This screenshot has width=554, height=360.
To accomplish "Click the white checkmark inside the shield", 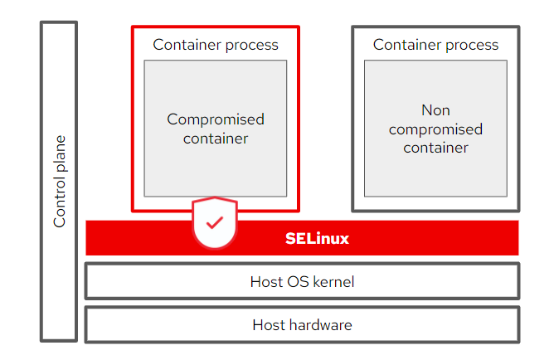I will point(215,222).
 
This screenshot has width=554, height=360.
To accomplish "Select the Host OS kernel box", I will point(302,282).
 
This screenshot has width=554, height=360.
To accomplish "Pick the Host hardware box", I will point(302,324).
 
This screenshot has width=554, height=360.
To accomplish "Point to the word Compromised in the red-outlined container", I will point(216,119).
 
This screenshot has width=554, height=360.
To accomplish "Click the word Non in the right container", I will point(435,110).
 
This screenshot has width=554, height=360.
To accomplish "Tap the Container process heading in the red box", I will point(216,45).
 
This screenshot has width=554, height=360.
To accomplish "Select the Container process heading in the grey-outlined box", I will point(435,45).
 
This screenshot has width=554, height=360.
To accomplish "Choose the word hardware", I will point(324,324).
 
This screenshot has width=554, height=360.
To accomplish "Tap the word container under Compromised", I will point(216,139).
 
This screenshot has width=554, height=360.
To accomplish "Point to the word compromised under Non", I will point(435,129).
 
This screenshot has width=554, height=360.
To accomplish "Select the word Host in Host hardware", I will point(270,324).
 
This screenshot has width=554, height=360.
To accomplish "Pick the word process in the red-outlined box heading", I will point(251,45).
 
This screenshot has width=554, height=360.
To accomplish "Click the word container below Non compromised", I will point(435,148).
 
